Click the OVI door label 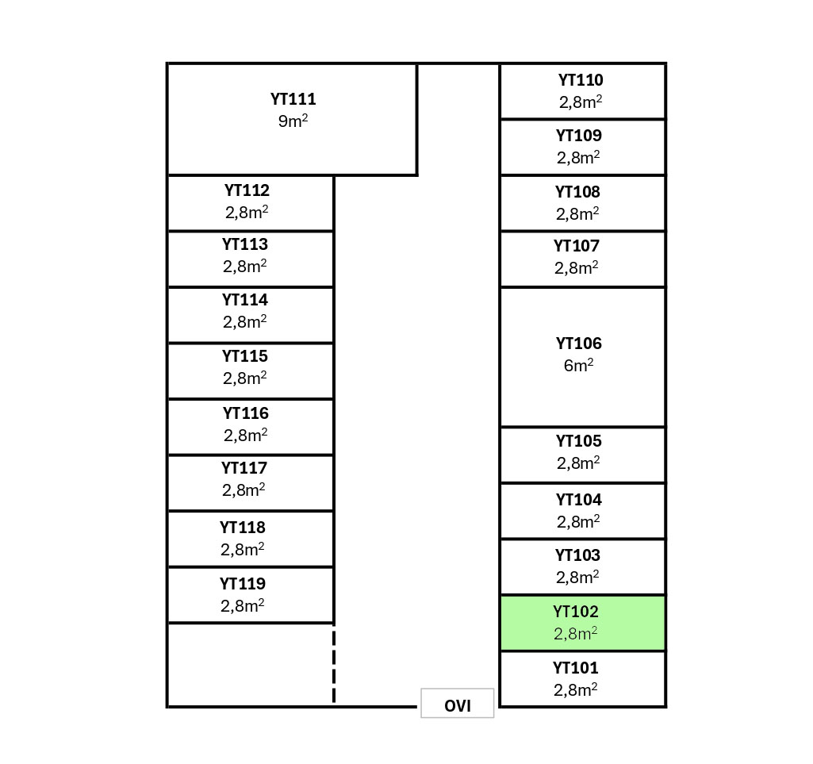coord(457,706)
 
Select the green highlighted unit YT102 coord(582,623)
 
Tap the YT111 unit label coord(293,99)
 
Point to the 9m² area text coord(293,121)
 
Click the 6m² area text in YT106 coord(578,366)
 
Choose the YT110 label coord(581,80)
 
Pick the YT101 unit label coord(576,668)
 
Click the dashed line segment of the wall coord(334,665)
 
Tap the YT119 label coord(243,584)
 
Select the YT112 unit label coord(247,190)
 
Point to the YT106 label coord(578,344)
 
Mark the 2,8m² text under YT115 coord(244,378)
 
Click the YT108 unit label coord(577,192)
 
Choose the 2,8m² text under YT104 coord(577,522)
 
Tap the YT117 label coord(244,468)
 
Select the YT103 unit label coord(577,555)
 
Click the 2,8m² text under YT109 coord(578,158)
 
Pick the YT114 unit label coord(245,300)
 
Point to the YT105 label coord(578,441)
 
